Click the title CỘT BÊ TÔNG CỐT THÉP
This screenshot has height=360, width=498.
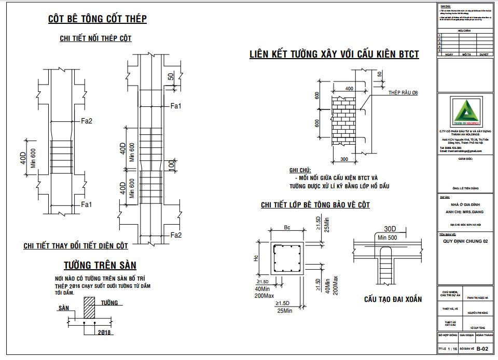click(97, 19)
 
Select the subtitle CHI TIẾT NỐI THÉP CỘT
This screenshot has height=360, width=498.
click(96, 39)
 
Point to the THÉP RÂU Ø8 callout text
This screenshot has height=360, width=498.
click(403, 92)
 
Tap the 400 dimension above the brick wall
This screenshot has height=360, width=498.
click(349, 89)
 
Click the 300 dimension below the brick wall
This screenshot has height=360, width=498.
click(344, 158)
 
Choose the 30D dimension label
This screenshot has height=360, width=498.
click(391, 229)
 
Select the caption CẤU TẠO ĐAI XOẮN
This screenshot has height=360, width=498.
click(393, 299)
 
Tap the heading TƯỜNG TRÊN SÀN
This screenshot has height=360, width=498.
click(100, 266)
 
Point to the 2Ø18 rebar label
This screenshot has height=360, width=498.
click(104, 332)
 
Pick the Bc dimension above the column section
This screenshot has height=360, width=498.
click(286, 228)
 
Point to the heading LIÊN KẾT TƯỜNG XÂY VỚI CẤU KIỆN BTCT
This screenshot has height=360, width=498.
click(334, 54)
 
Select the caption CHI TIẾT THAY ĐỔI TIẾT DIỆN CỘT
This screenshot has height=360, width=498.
click(75, 246)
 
